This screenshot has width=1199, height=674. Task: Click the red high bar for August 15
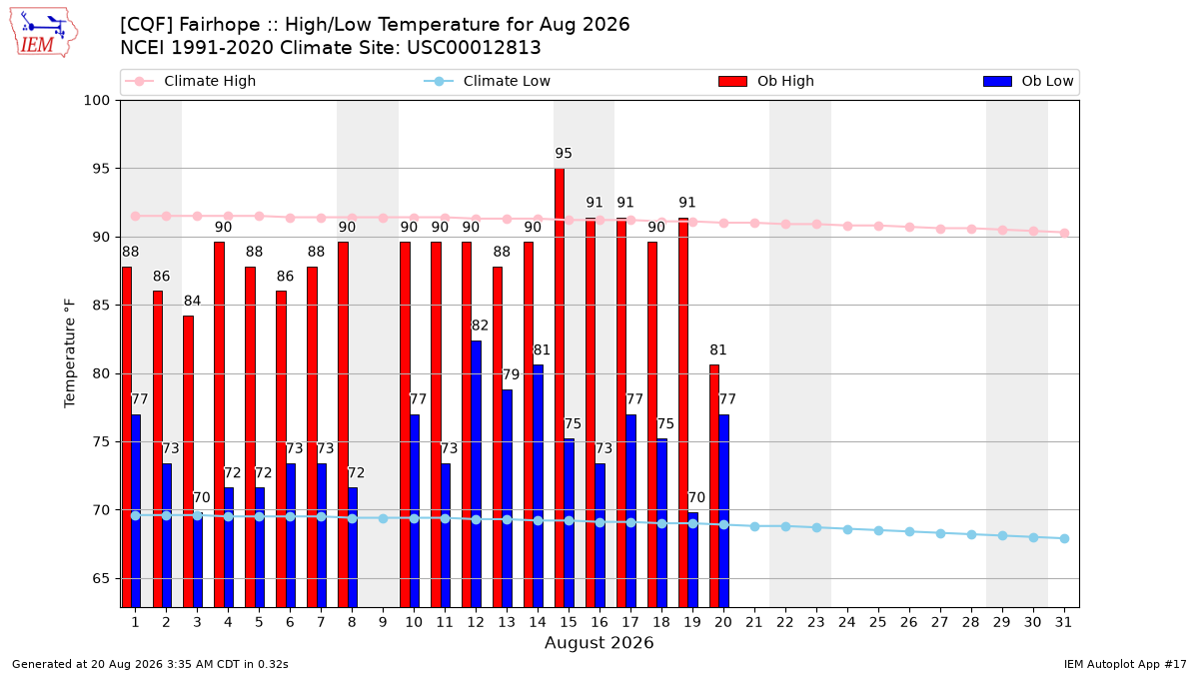pos(560,387)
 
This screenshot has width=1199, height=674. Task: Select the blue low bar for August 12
pos(476,474)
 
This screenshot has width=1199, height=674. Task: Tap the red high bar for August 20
pos(714,485)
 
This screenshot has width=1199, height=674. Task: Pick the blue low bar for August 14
pos(538,485)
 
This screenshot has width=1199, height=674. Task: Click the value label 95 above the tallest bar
pos(564,154)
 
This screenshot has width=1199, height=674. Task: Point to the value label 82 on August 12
pos(480,326)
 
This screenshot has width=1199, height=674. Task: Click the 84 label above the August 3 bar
pos(192,301)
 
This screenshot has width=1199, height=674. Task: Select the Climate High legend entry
pos(190,81)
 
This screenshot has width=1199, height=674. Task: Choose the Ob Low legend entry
pos(1028,81)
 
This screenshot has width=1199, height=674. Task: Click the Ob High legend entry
pos(766,81)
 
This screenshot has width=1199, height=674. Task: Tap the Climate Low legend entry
pos(488,81)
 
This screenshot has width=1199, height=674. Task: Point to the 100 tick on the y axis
pos(96,101)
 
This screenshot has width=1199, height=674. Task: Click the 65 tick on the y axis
pos(101,579)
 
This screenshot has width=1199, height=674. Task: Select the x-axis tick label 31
pos(1063,623)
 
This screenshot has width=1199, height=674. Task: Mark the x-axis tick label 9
pos(383,623)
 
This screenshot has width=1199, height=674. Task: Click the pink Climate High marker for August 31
pos(1065,234)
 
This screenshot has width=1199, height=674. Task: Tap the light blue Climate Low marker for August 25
pos(878,530)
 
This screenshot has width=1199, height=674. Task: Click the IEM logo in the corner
pos(43,33)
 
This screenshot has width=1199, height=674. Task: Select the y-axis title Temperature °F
pos(70,353)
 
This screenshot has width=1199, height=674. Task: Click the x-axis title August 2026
pos(599,642)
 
